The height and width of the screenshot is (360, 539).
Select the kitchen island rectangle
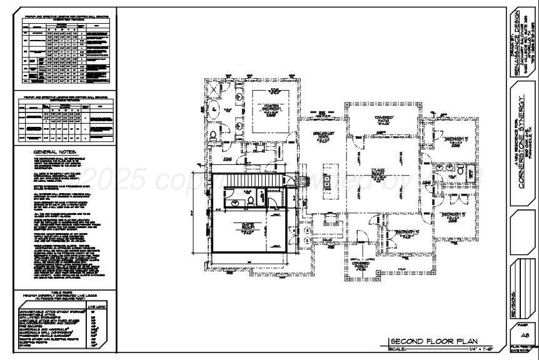click(x=328, y=182)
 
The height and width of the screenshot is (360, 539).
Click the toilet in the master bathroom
click(x=214, y=134)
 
